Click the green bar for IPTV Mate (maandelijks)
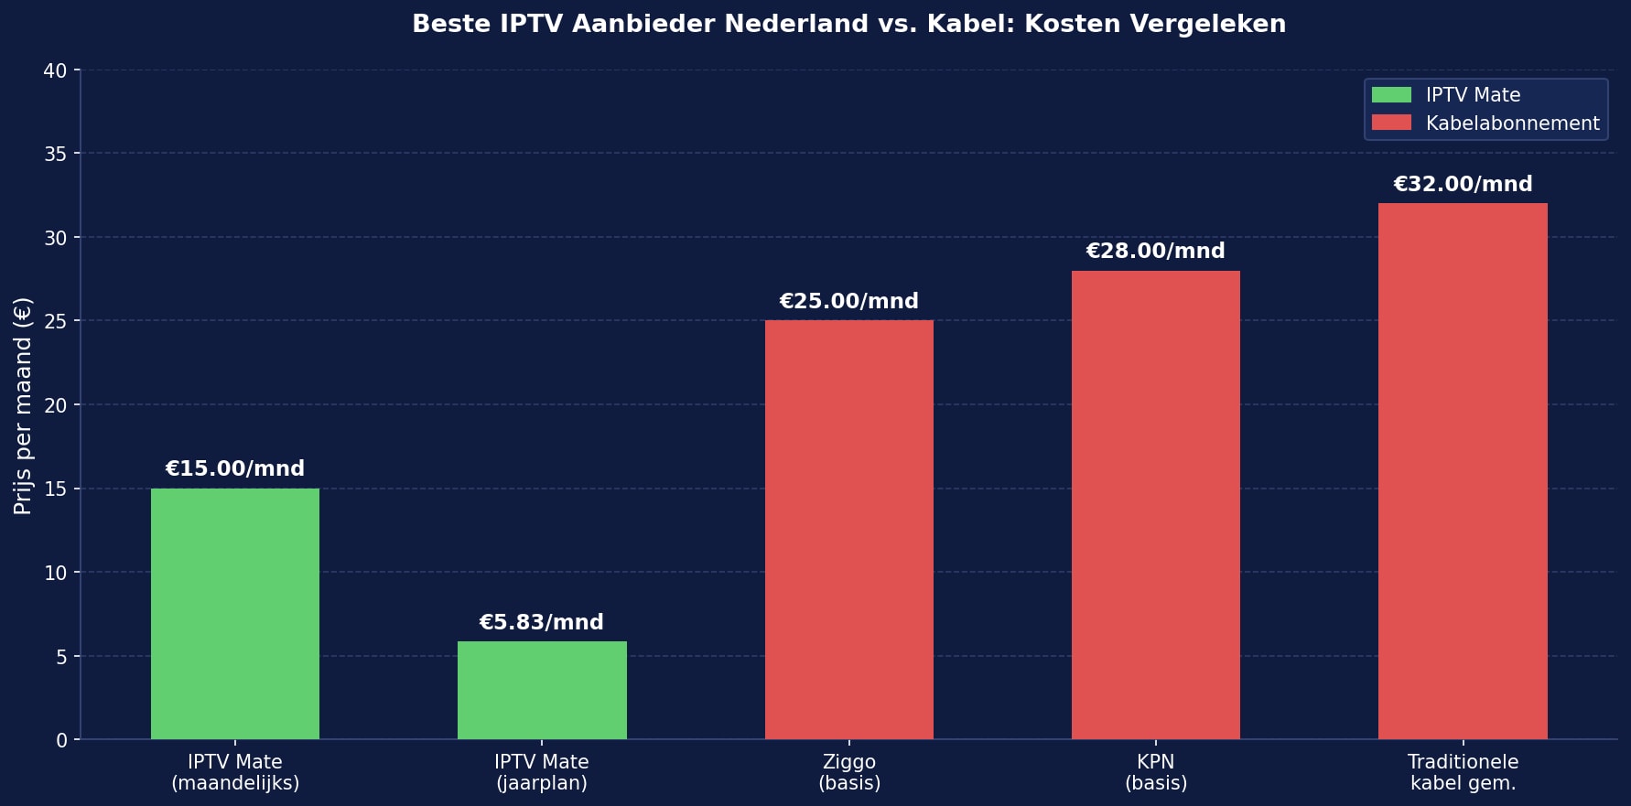(235, 614)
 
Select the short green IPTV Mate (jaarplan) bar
(542, 691)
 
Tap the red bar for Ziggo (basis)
(848, 530)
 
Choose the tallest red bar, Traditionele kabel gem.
(1463, 471)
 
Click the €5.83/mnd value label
(541, 623)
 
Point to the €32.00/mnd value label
(1463, 185)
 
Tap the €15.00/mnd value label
(234, 469)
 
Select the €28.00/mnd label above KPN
(1155, 252)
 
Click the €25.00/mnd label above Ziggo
(848, 302)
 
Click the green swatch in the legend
(1391, 95)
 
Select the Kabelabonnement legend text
(1512, 124)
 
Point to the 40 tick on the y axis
(55, 71)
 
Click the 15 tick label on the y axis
(55, 489)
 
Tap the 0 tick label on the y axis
(61, 740)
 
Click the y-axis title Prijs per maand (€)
(24, 405)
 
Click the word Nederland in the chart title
(795, 25)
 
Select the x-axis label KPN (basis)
(1155, 772)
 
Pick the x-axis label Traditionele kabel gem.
(1463, 772)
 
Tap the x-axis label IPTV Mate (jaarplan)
(542, 772)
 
